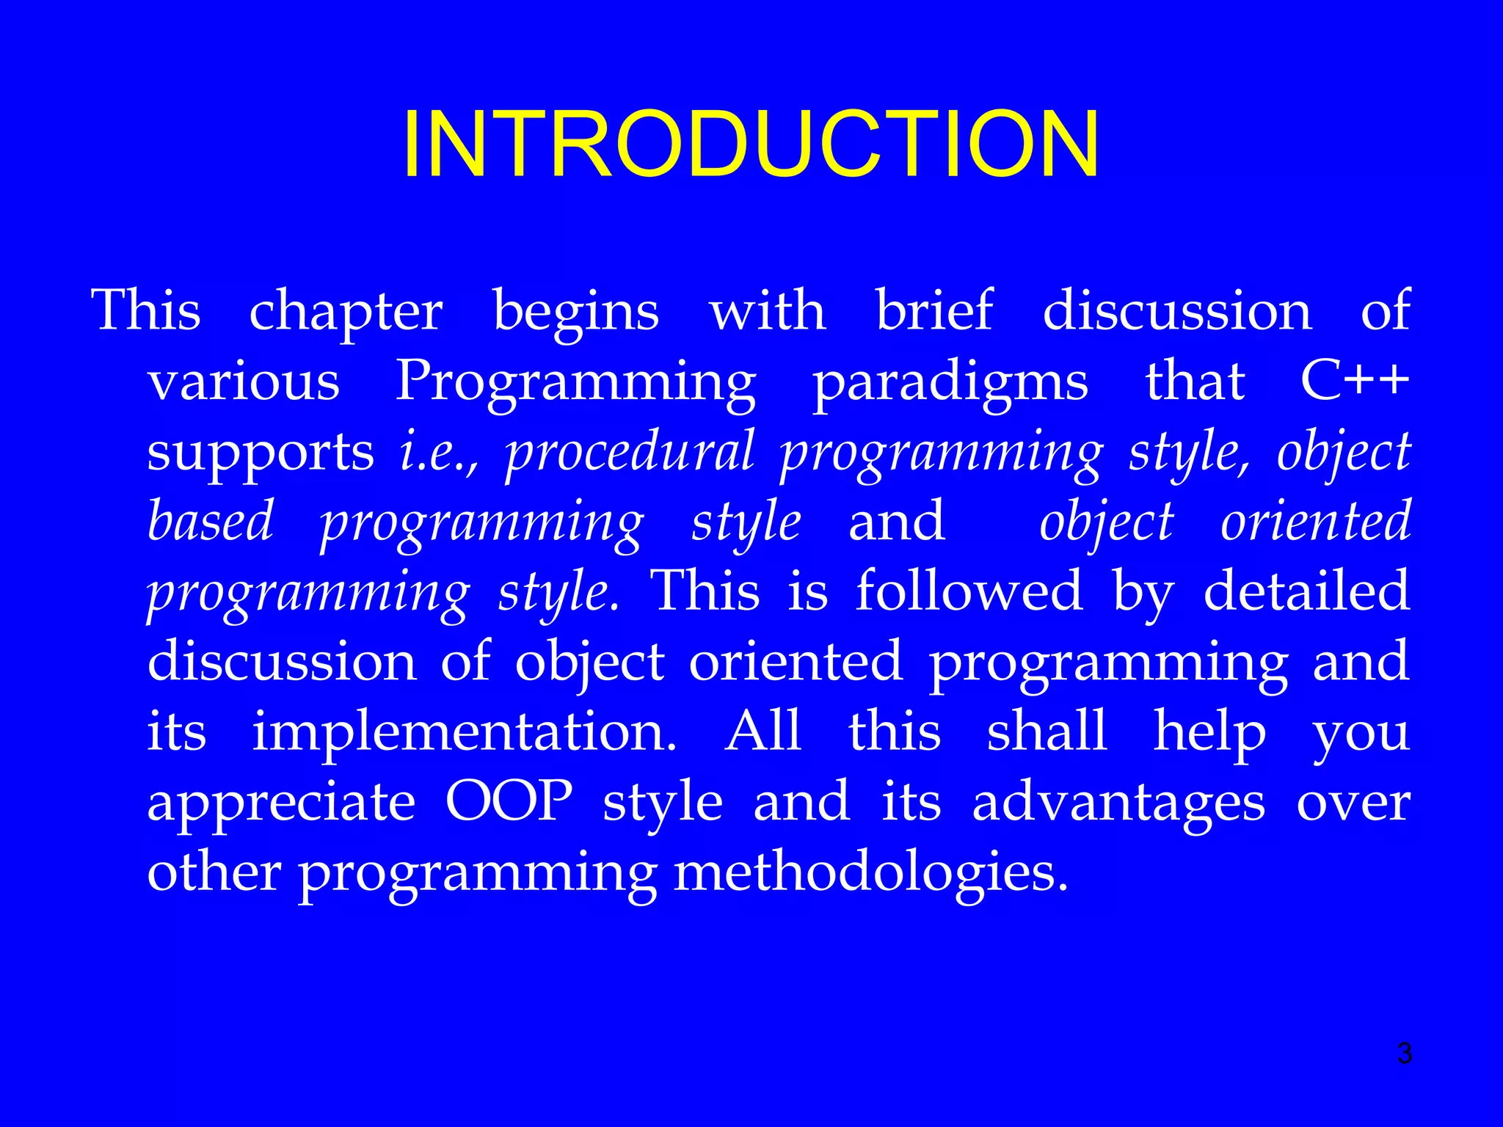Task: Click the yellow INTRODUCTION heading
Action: click(751, 144)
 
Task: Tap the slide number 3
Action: click(1404, 1054)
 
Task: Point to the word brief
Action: click(934, 310)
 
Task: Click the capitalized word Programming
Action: click(576, 383)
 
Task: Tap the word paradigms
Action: click(950, 383)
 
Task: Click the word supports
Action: click(261, 453)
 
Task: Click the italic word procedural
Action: click(630, 452)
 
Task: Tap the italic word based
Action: click(211, 521)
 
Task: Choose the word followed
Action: click(969, 591)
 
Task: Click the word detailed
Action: click(1306, 591)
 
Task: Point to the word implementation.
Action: click(464, 732)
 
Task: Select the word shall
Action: click(1047, 732)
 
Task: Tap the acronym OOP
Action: click(509, 801)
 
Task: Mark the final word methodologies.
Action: click(870, 873)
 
